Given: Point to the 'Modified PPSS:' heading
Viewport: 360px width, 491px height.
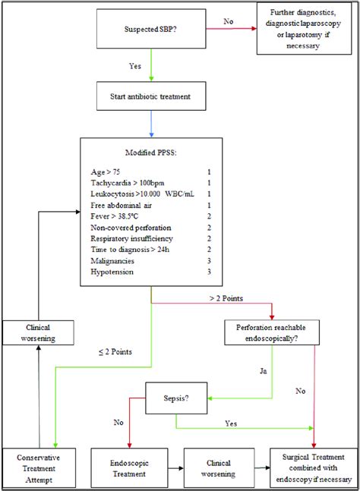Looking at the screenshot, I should point(150,153).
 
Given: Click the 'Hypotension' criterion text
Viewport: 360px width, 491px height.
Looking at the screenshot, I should point(112,272).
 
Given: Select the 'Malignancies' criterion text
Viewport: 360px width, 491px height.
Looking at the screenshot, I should point(115,260).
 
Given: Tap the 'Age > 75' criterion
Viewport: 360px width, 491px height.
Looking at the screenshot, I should point(107,172).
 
